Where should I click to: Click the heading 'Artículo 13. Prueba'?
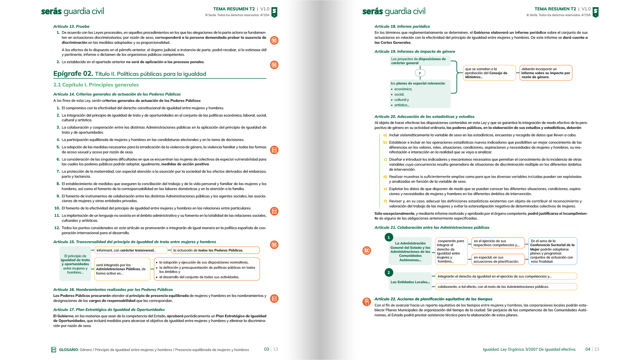click(71, 26)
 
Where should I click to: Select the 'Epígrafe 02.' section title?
click(73, 74)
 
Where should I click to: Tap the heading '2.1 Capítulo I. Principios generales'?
click(96, 85)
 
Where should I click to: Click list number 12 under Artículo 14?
click(57, 228)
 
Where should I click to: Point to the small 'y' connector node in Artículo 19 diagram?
click(420, 73)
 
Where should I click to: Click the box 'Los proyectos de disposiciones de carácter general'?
click(420, 61)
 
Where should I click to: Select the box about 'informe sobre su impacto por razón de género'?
click(546, 73)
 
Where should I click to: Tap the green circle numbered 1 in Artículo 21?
click(389, 237)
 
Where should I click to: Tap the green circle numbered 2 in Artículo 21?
click(389, 273)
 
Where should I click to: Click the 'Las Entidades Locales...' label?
click(410, 282)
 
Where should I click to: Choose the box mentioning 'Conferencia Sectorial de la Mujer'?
click(553, 251)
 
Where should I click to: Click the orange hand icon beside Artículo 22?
click(367, 302)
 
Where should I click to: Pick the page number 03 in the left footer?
click(266, 349)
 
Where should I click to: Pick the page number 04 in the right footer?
click(588, 349)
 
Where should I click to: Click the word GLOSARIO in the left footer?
click(68, 350)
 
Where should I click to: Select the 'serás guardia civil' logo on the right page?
click(394, 12)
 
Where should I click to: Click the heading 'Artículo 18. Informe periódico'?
click(402, 26)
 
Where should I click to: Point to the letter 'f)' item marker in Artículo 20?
click(385, 201)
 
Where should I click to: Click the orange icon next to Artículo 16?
click(274, 299)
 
